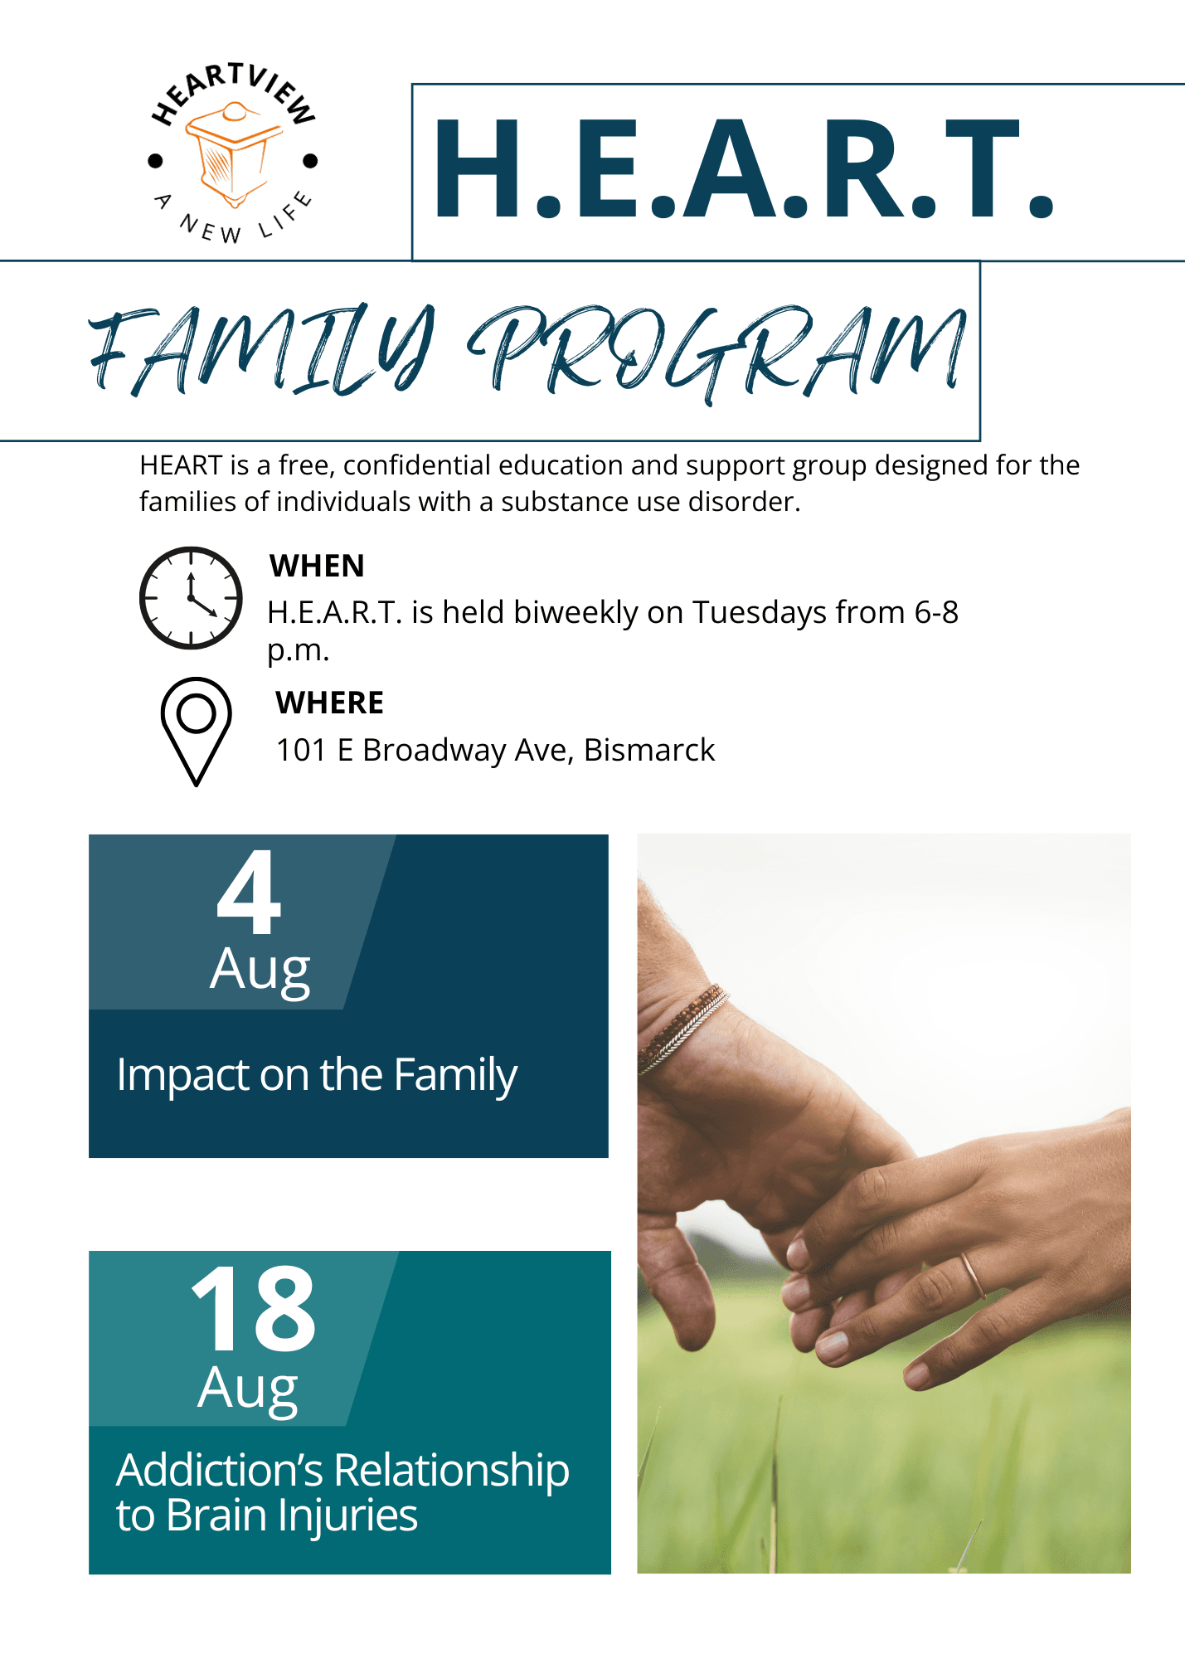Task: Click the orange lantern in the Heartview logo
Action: click(233, 155)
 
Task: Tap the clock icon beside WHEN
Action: click(191, 597)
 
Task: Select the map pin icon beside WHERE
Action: click(196, 731)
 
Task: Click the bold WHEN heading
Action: click(317, 566)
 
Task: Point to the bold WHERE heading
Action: click(329, 703)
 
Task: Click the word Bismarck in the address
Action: click(649, 750)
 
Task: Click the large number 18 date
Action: click(253, 1308)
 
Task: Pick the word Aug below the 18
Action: click(247, 1389)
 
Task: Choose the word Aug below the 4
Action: click(260, 971)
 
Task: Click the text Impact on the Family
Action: click(317, 1076)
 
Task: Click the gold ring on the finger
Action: click(973, 1276)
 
